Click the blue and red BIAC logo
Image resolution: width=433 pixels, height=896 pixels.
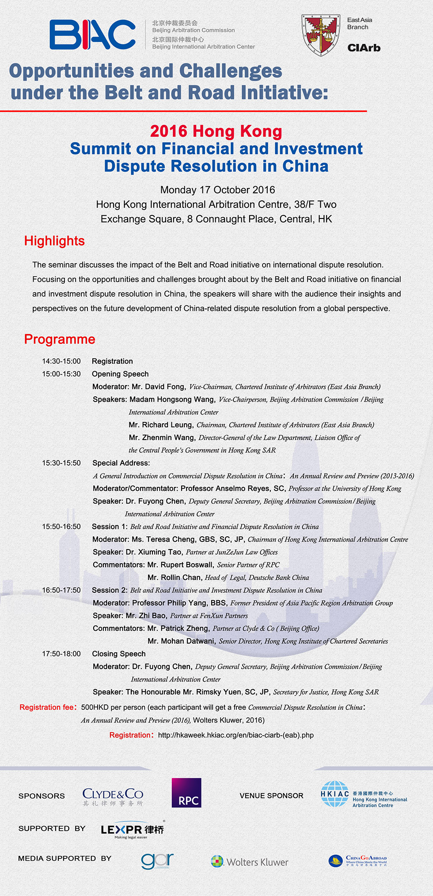tap(92, 34)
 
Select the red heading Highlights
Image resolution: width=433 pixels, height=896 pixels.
tap(54, 241)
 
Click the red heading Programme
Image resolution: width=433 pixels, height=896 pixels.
tap(60, 339)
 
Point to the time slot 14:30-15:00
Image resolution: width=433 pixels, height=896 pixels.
tap(61, 361)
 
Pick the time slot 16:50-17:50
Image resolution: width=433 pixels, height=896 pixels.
tap(61, 590)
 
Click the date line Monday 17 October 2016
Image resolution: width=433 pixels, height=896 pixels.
tap(217, 190)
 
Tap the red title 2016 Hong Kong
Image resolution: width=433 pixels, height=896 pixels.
tap(216, 131)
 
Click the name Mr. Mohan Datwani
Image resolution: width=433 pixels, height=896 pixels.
tap(181, 641)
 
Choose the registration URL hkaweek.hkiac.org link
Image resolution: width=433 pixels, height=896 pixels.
tap(235, 735)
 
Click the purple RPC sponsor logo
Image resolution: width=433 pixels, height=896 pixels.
tap(186, 793)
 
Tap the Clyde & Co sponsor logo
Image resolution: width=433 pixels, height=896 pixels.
tap(113, 796)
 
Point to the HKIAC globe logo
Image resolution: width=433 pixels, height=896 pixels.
tap(334, 794)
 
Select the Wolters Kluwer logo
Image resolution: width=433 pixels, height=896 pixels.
tap(250, 862)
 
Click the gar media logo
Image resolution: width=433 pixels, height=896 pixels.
tap(157, 860)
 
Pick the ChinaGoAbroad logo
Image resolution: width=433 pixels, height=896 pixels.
tap(358, 861)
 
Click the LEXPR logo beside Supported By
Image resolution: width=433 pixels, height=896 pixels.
tap(132, 830)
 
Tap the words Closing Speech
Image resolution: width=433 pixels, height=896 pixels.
tap(118, 654)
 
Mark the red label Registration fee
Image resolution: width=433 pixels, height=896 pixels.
tap(47, 707)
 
